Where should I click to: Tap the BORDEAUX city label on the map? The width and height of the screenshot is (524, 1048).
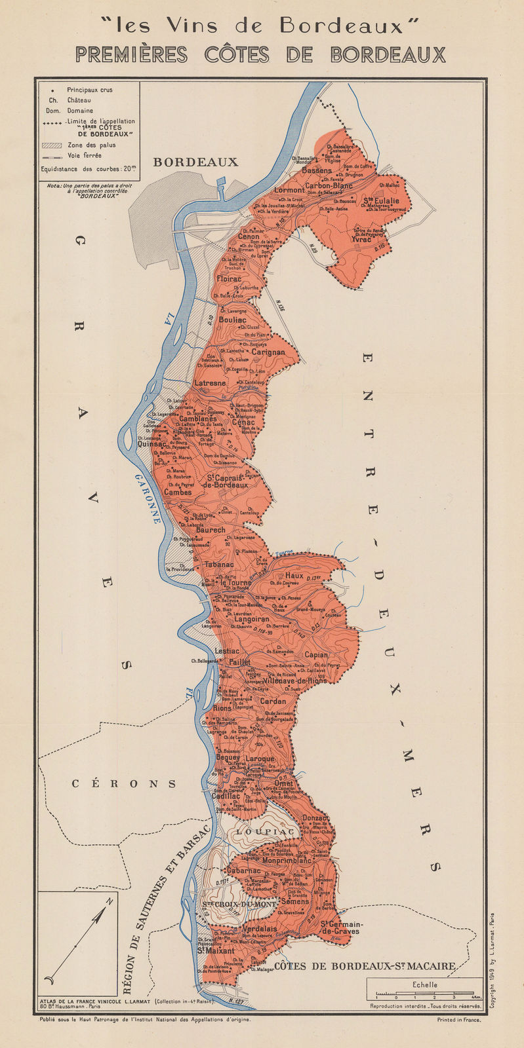pyautogui.click(x=195, y=162)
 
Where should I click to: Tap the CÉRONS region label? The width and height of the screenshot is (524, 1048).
pyautogui.click(x=124, y=783)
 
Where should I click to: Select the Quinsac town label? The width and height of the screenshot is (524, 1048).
pyautogui.click(x=151, y=443)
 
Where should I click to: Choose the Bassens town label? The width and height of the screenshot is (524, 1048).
pyautogui.click(x=317, y=170)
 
